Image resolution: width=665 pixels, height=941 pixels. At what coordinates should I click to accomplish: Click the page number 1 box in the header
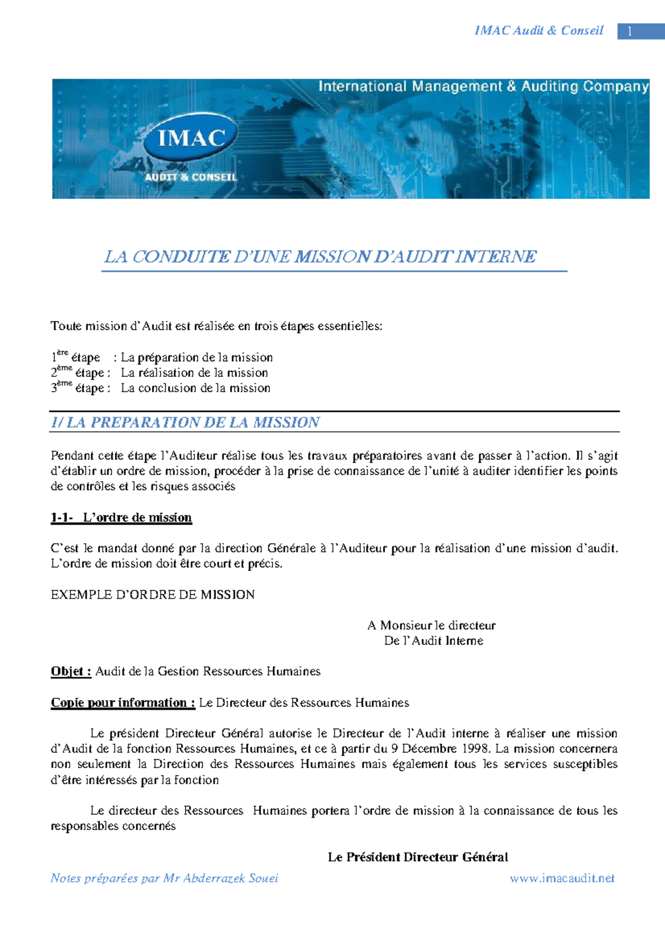[630, 31]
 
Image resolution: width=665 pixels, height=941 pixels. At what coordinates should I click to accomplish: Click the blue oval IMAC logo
[191, 137]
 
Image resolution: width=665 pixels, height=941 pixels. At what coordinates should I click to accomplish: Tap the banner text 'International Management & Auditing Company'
[483, 86]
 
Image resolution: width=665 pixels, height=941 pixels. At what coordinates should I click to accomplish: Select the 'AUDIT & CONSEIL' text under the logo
[191, 177]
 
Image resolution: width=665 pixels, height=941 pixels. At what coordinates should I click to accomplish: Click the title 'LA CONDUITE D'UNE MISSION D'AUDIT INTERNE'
[320, 257]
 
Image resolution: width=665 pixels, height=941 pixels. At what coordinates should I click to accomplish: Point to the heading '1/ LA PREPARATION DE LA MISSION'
[185, 422]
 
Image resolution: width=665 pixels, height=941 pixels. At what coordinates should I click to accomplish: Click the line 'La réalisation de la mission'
[195, 372]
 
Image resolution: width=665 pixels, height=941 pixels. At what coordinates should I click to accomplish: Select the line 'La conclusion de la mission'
[196, 388]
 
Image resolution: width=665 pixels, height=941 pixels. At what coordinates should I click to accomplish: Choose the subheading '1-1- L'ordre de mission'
[121, 518]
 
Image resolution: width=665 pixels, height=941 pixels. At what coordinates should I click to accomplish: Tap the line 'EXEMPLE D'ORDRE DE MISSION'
[152, 595]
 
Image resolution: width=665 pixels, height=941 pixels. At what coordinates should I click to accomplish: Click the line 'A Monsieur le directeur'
[431, 625]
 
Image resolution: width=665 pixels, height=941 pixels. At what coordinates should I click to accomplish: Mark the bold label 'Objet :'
[71, 672]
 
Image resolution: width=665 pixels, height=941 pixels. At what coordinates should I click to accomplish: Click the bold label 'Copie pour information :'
[122, 703]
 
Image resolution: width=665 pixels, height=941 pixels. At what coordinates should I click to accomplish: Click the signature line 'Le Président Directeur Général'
[418, 857]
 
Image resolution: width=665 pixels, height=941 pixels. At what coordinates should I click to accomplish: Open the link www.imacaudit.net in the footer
[562, 878]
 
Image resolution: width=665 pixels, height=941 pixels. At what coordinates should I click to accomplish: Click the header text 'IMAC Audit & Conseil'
[539, 30]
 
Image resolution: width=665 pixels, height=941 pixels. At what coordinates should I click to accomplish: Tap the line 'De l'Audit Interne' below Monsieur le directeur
[433, 641]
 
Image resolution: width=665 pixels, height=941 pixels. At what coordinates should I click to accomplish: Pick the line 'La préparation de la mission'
[197, 357]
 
